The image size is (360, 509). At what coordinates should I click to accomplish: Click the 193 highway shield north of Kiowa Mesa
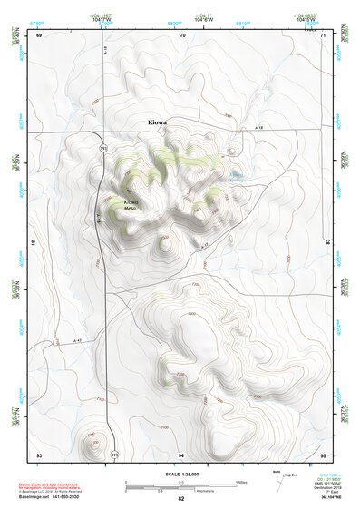[102, 148]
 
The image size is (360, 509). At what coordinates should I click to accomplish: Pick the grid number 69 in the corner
[39, 35]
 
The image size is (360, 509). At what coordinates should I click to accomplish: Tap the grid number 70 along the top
[182, 35]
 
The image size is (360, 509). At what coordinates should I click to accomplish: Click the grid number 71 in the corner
[323, 35]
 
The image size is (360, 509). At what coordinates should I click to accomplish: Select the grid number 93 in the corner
[39, 453]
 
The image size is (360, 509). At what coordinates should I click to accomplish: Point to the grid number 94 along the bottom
[182, 453]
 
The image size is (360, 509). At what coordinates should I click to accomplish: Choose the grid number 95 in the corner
[323, 453]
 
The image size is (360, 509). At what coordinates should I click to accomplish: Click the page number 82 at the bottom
[181, 498]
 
